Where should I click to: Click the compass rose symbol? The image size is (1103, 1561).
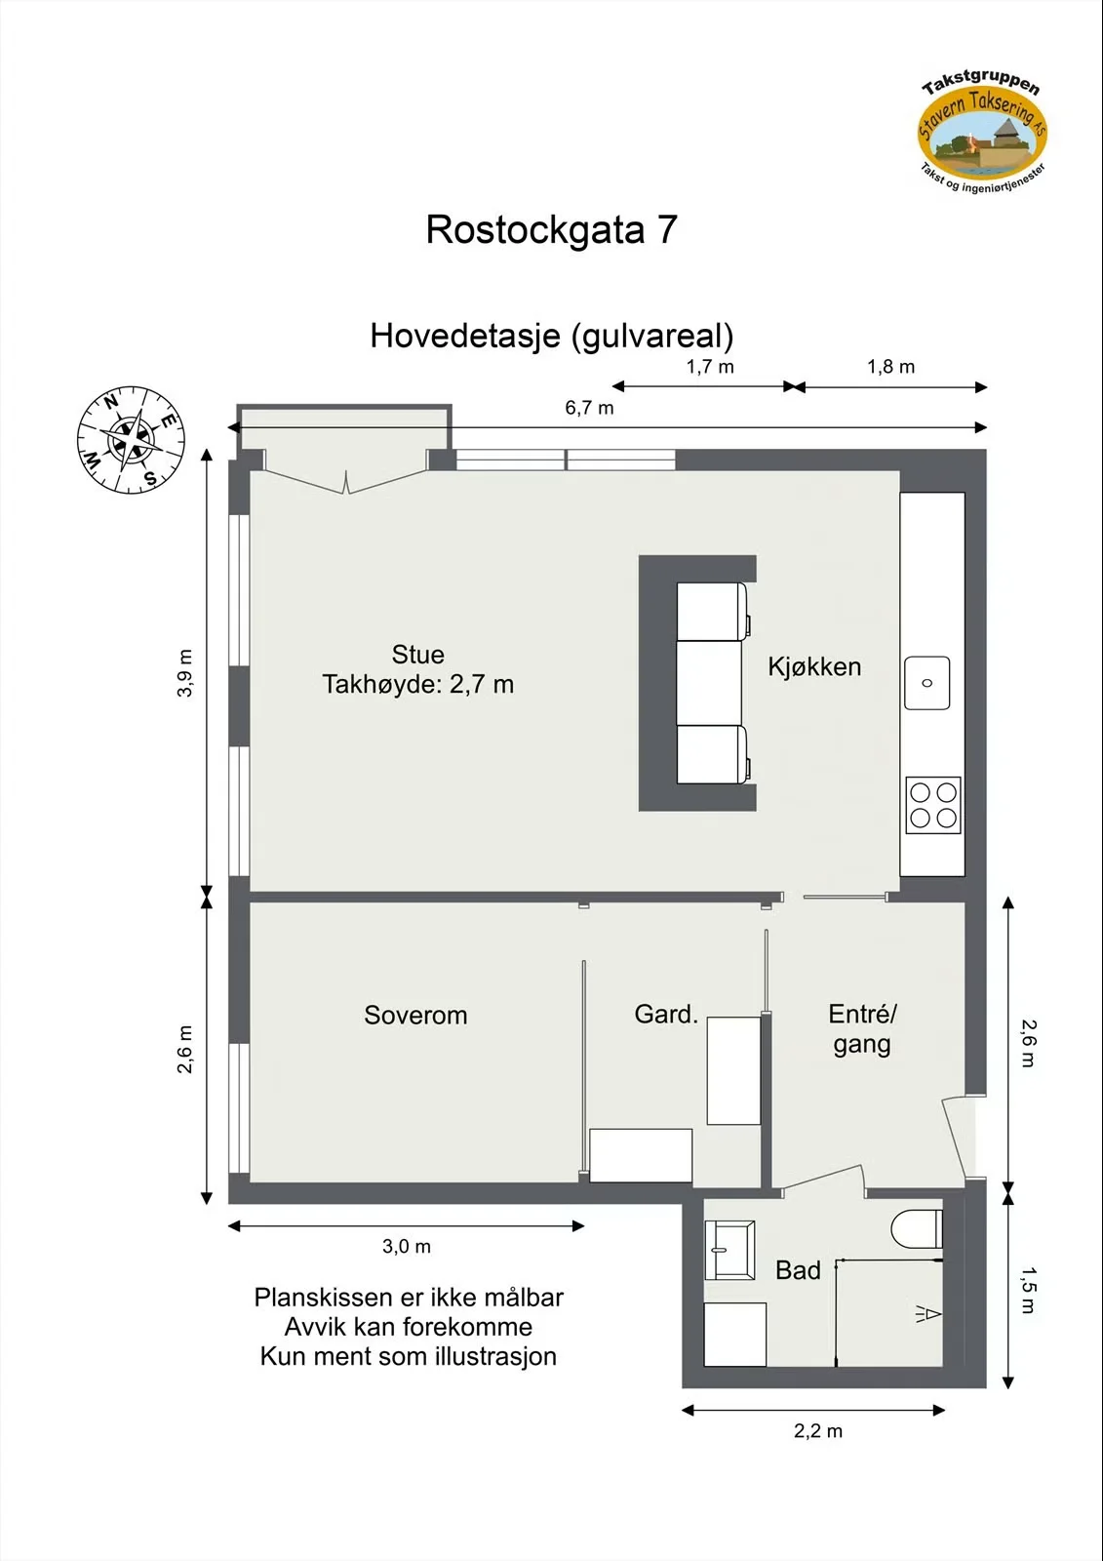pos(131,440)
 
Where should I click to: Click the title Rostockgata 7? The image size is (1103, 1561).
pos(551,230)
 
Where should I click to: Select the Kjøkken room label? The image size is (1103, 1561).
pos(814,667)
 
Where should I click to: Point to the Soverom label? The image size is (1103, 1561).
pos(415,1016)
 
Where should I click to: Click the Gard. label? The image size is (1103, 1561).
pos(666,1014)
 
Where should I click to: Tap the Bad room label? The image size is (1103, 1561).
pos(798,1270)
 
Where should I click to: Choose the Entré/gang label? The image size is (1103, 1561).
pos(863,1029)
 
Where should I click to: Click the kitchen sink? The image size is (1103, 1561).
pos(927,683)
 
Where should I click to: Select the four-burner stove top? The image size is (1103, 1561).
pos(933,805)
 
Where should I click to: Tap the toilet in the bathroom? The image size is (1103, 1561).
pos(917,1229)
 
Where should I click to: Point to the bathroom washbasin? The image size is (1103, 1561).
pos(729,1250)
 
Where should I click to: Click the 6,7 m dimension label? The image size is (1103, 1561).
pos(589,409)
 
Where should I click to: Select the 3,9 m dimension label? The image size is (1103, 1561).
pos(184,673)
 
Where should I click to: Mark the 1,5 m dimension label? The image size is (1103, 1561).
pos(1028,1290)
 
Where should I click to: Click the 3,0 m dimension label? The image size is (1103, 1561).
pos(407,1246)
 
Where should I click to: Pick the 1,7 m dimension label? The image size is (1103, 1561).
pos(710,367)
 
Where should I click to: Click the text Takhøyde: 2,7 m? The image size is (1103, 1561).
pos(418,684)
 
